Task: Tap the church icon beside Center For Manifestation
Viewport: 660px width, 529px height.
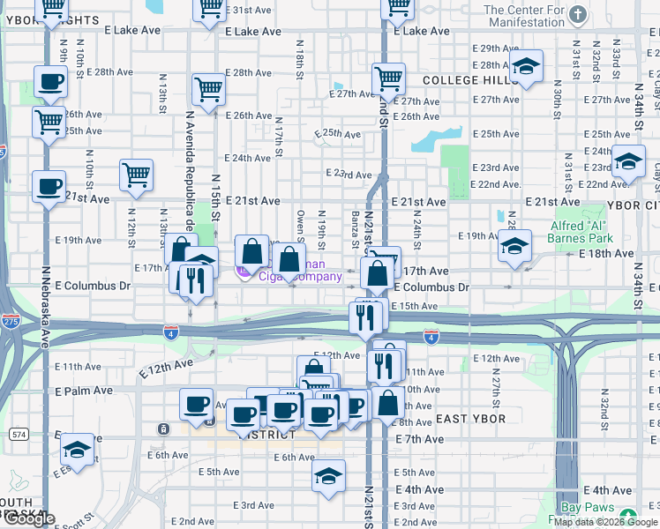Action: click(x=578, y=14)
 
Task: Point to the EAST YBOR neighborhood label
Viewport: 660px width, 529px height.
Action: click(x=470, y=419)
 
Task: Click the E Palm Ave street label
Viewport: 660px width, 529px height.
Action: click(x=84, y=391)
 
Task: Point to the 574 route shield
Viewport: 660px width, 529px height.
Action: click(x=19, y=435)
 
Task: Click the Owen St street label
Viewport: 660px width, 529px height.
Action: click(x=301, y=225)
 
